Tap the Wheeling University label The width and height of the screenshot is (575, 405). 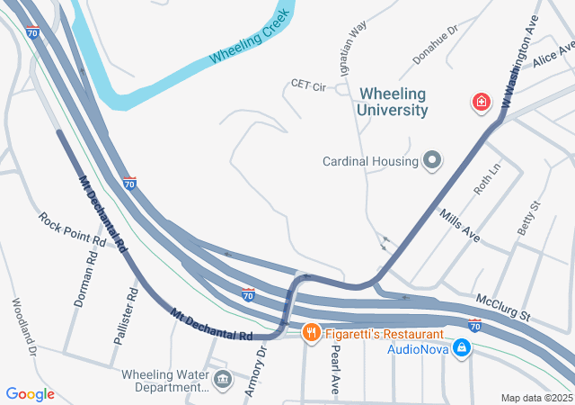[393, 101]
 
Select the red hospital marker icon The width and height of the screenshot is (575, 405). [482, 103]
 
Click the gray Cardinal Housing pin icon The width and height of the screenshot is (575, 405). [432, 161]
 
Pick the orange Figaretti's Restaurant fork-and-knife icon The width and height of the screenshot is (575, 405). [311, 332]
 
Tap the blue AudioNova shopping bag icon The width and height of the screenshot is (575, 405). [461, 347]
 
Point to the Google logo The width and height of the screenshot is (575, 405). [30, 394]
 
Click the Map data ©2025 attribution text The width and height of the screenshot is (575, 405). [536, 398]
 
